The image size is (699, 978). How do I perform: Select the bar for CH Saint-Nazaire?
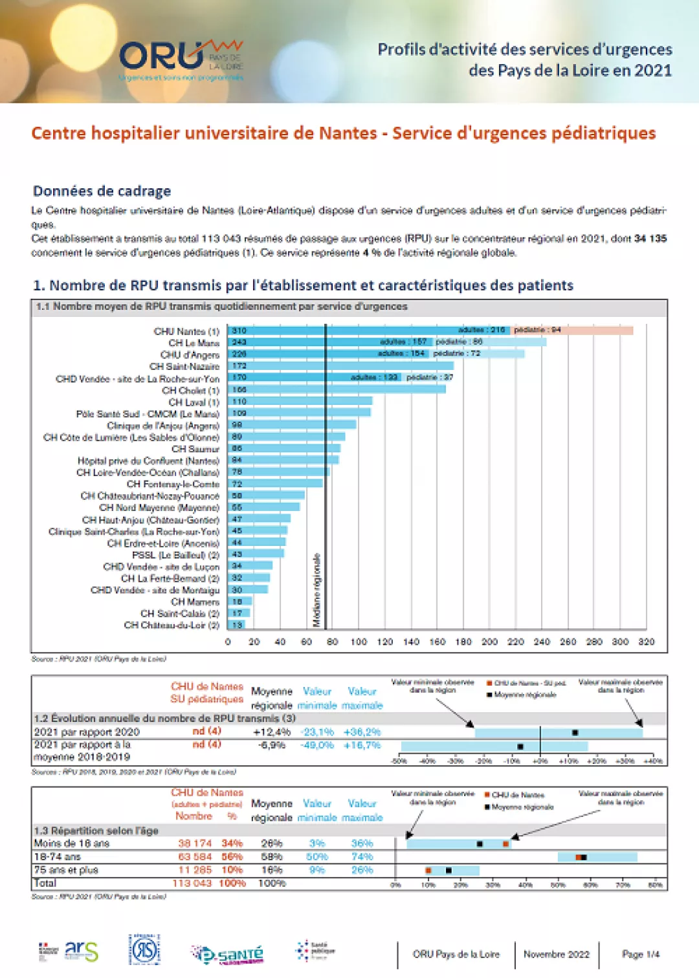coord(340,366)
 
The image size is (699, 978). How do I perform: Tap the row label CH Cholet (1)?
coord(190,391)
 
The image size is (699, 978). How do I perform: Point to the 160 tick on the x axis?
coord(438,642)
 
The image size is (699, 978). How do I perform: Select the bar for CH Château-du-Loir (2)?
coord(238,625)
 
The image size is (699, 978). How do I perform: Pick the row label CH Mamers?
coord(195,602)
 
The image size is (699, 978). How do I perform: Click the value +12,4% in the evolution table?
coord(271,732)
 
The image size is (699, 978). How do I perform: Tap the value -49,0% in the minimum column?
coord(317,745)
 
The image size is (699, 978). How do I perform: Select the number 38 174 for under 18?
coord(195,843)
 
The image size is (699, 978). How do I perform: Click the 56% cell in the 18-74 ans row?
coord(232,856)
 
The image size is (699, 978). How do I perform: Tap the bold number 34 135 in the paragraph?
coord(650,239)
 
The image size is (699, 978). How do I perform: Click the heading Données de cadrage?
coord(102,191)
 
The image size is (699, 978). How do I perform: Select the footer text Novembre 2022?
coord(556,954)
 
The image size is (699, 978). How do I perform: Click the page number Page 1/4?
coord(640,954)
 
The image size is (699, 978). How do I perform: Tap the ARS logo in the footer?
coord(82,951)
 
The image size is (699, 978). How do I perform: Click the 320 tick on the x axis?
coord(646,642)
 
